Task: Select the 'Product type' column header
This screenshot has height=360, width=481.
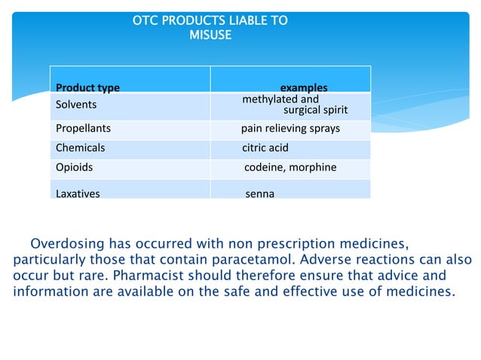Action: coord(87,87)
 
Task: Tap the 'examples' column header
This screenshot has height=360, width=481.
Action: coord(304,87)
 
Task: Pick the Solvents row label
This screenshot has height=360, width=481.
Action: coord(76,105)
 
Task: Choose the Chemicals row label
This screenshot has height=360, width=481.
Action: coord(80,148)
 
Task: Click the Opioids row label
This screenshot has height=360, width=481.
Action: coord(75,167)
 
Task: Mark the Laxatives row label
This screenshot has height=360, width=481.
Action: coord(78,194)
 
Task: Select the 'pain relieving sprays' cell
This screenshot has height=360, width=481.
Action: coord(290,128)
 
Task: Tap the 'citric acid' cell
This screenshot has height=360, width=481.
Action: coord(265,148)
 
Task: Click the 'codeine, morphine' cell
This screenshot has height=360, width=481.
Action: coord(290,167)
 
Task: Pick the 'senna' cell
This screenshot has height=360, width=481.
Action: coord(260,194)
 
